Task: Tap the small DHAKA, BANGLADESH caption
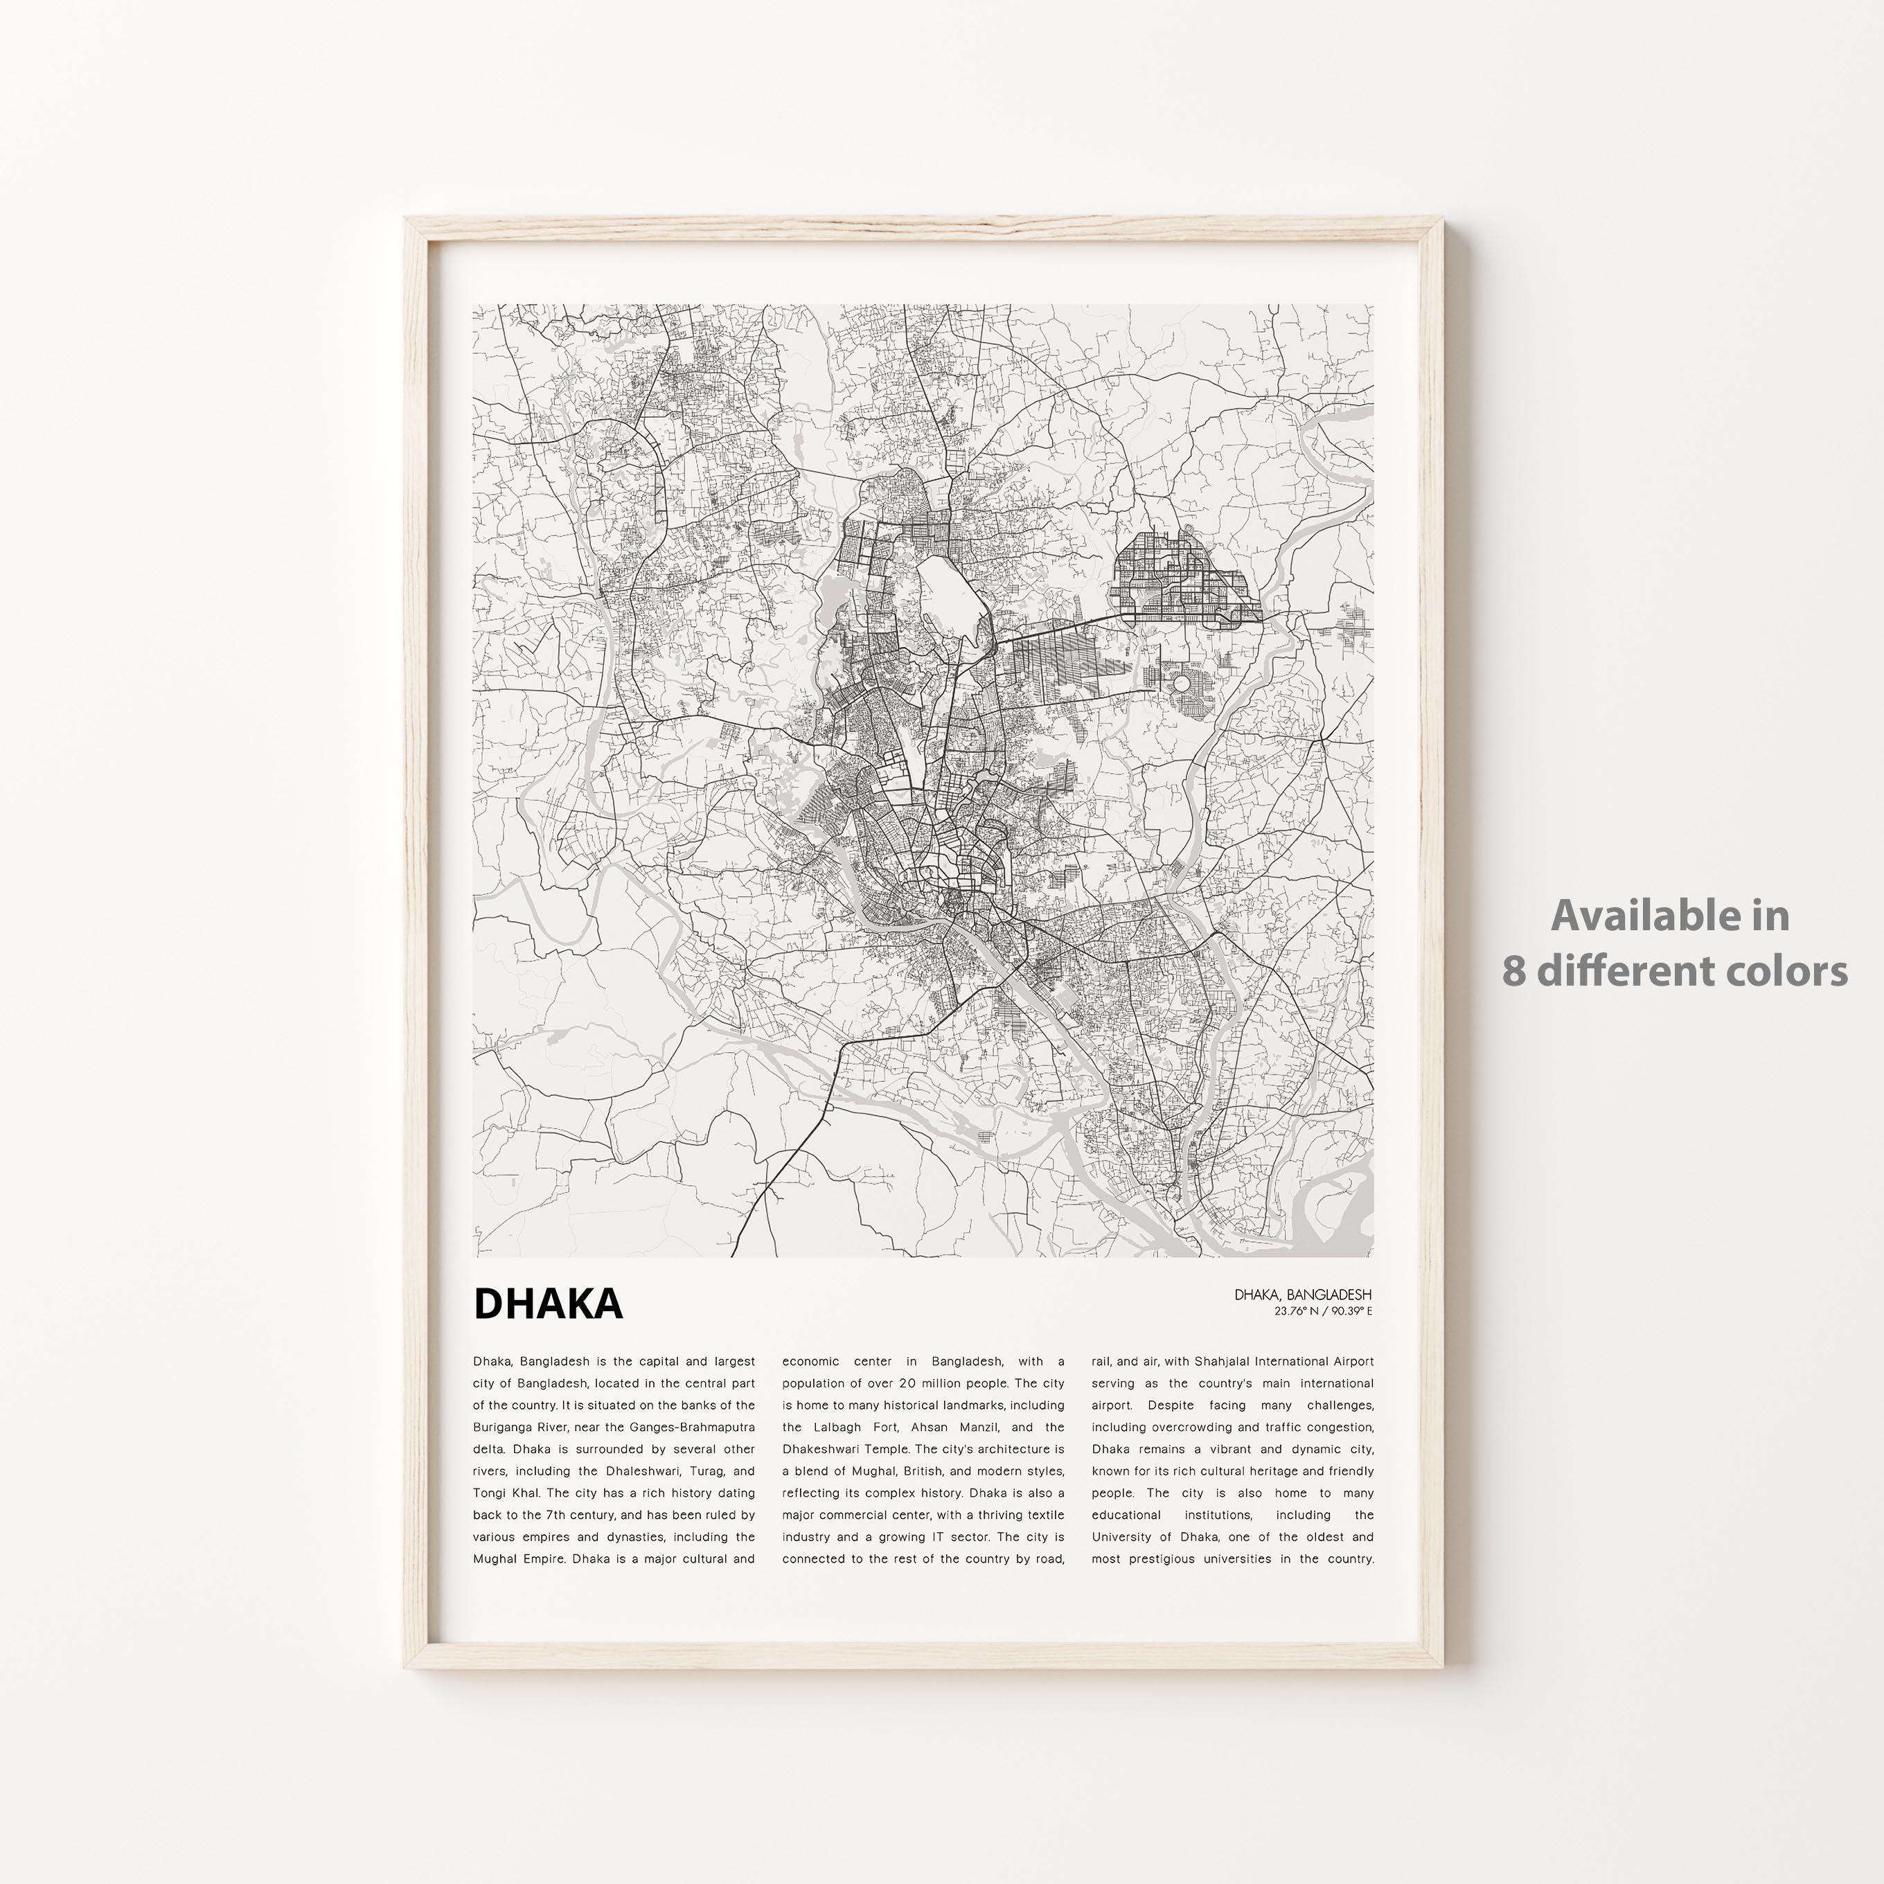click(x=1302, y=1294)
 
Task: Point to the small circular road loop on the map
click(x=1182, y=684)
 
